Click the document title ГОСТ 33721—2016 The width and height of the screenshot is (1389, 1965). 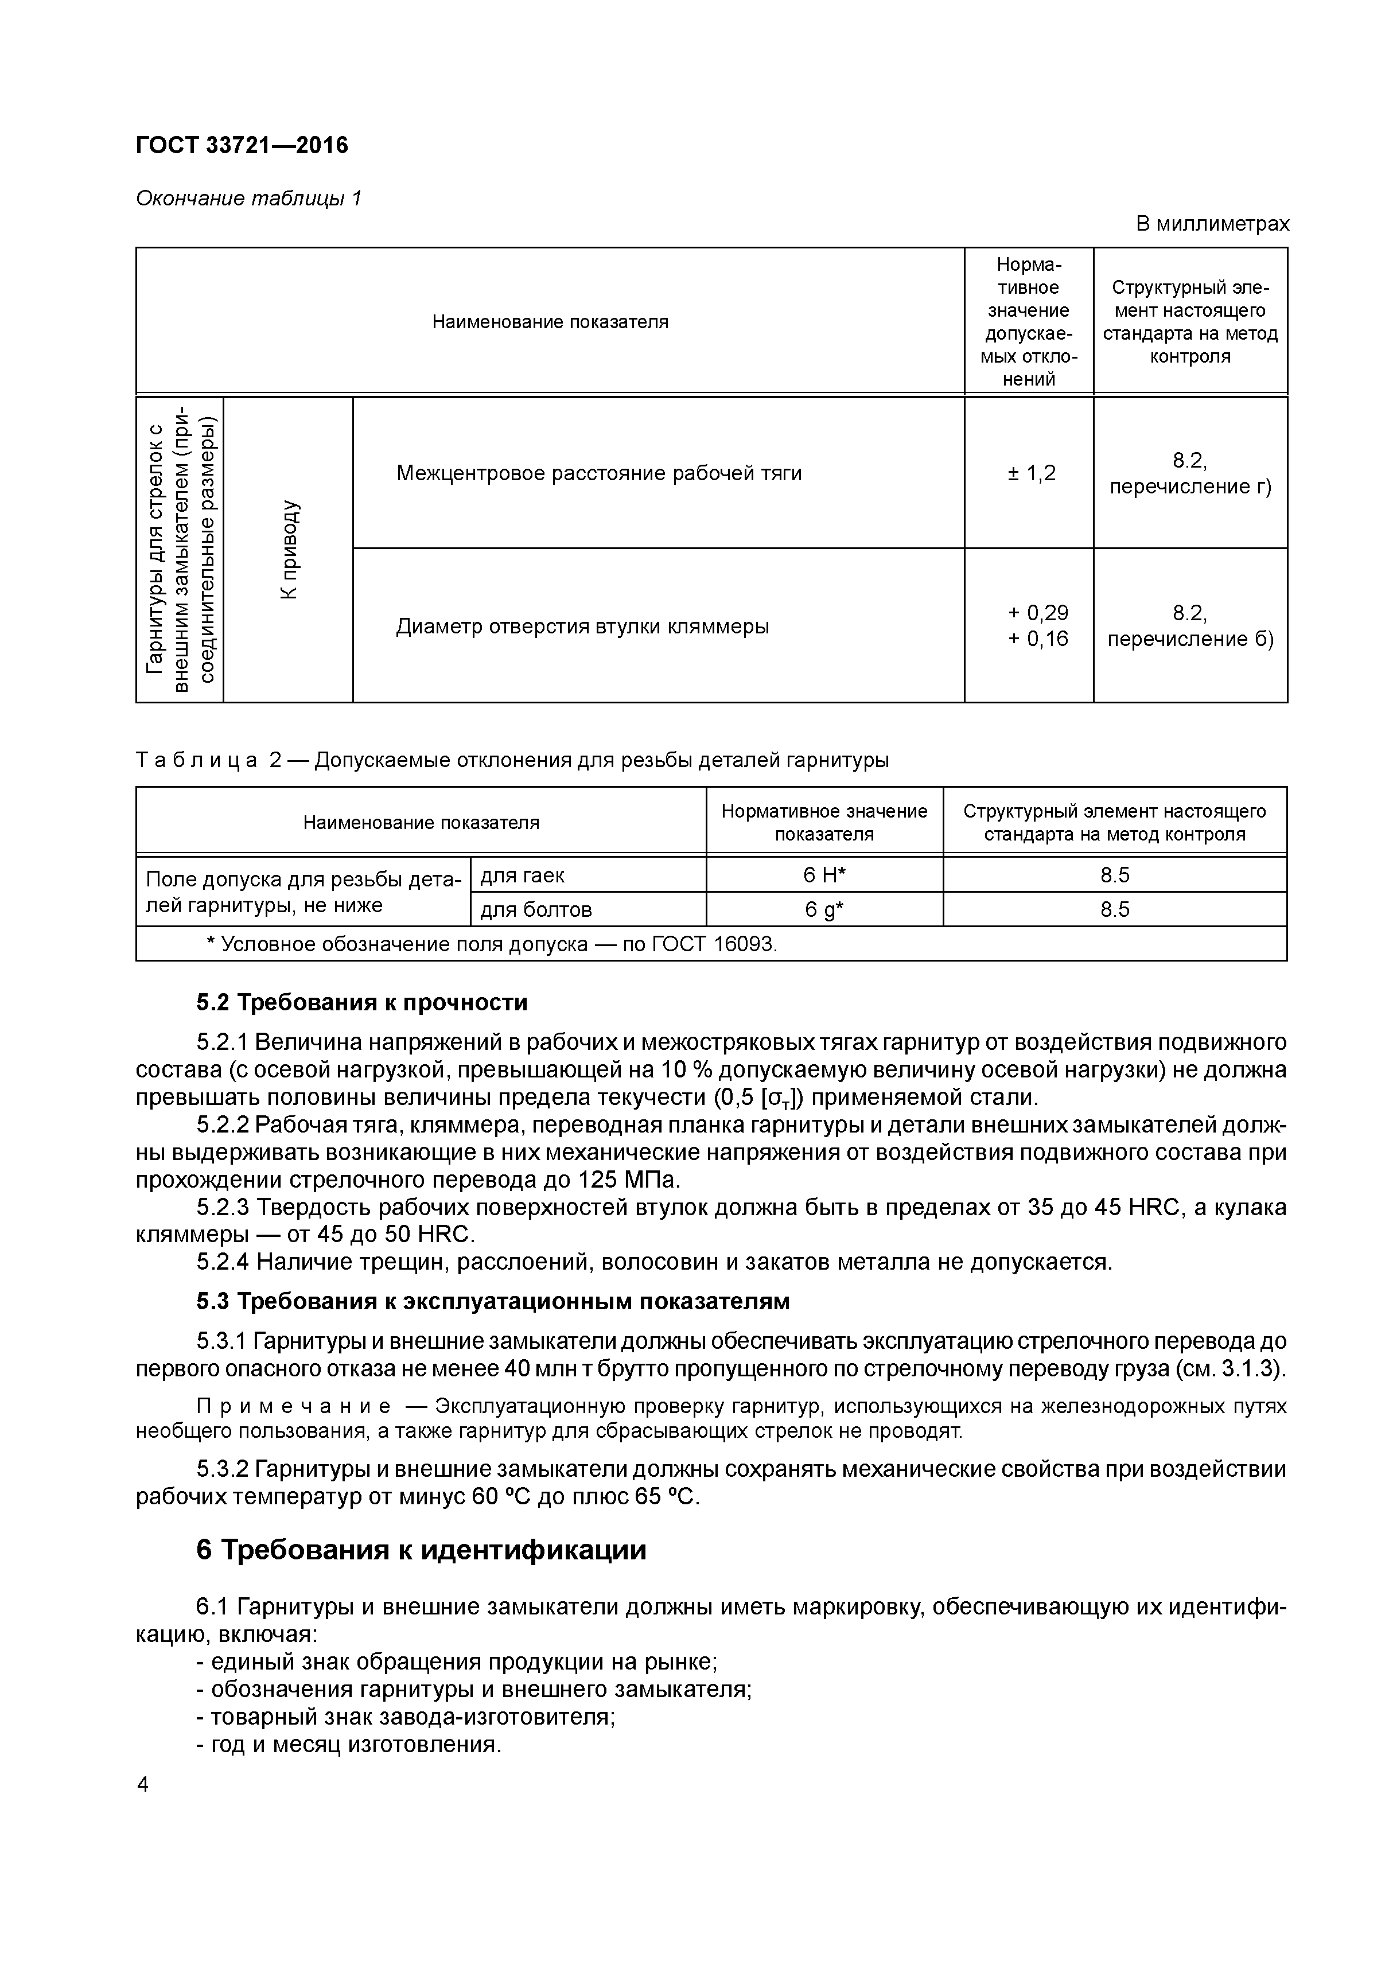coord(242,146)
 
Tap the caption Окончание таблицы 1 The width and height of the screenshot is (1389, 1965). coord(249,199)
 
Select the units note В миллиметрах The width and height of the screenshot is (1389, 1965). coord(1212,224)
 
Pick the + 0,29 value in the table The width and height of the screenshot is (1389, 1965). coord(1037,613)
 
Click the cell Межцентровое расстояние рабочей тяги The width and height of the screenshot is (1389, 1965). coord(599,473)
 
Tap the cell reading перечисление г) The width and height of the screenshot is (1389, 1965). coord(1189,487)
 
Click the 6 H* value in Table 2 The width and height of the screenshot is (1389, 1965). coord(824,875)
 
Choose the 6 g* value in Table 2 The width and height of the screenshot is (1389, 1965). coord(824,910)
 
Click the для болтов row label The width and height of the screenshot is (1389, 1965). coord(536,910)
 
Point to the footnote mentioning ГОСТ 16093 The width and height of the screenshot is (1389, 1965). coord(492,944)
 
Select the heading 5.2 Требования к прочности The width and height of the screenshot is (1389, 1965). coord(362,1002)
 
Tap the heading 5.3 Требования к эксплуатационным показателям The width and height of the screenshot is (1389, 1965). coord(493,1302)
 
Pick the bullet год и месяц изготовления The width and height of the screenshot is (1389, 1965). coord(348,1744)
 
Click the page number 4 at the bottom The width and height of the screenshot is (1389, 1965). coord(143,1784)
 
